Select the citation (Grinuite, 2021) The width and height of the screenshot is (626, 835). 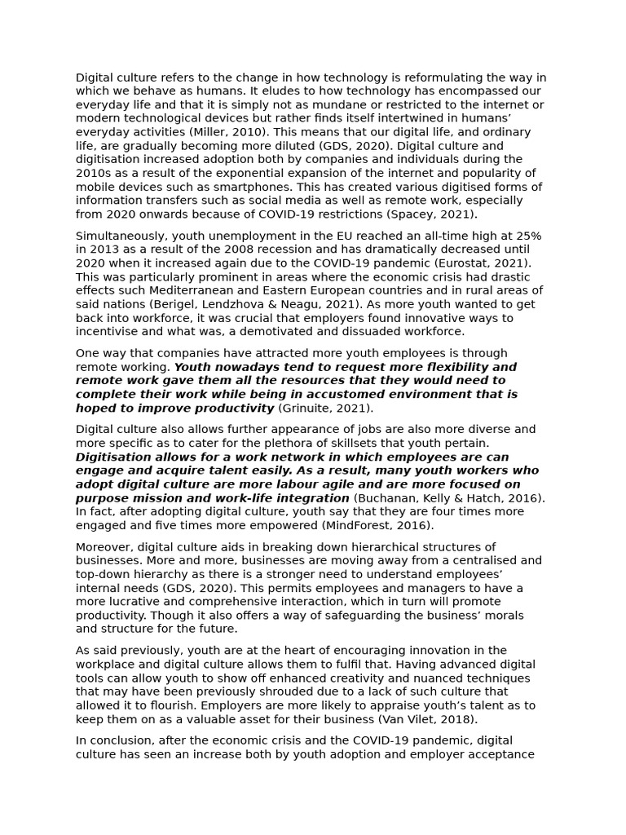point(325,408)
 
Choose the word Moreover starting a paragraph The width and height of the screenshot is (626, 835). point(104,546)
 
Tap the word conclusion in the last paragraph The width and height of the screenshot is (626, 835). point(121,740)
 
